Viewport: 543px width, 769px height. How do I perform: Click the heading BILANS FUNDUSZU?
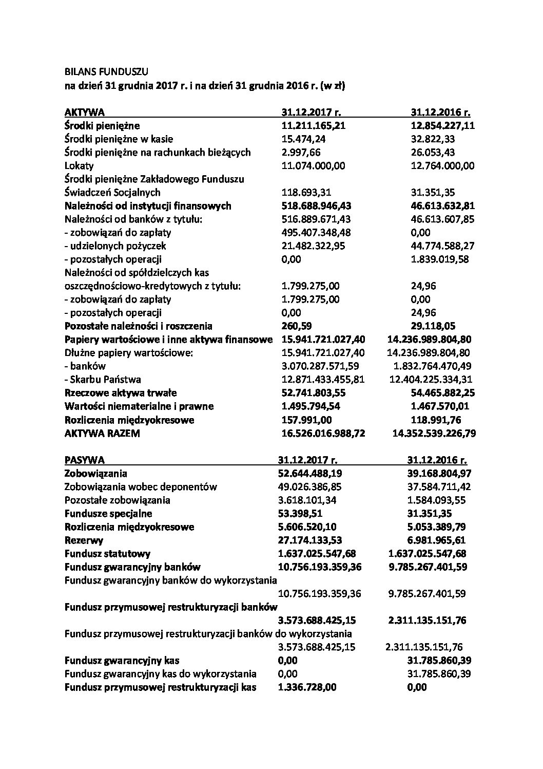point(106,72)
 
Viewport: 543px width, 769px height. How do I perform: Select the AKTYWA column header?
point(85,112)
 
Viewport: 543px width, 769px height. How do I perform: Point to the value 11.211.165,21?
point(314,125)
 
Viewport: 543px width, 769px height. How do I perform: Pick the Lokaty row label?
point(79,165)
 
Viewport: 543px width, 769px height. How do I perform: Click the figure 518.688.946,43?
point(317,205)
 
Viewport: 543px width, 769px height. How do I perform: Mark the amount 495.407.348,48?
point(317,232)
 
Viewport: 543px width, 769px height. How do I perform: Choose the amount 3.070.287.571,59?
point(321,366)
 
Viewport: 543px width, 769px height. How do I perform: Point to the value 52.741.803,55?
point(314,392)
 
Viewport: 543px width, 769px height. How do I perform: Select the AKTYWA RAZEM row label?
point(102,433)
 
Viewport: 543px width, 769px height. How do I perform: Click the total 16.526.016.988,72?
point(324,433)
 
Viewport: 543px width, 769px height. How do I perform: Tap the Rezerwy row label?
point(84,540)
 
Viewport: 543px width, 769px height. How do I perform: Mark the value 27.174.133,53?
point(310,540)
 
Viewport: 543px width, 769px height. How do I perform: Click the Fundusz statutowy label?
point(107,553)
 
